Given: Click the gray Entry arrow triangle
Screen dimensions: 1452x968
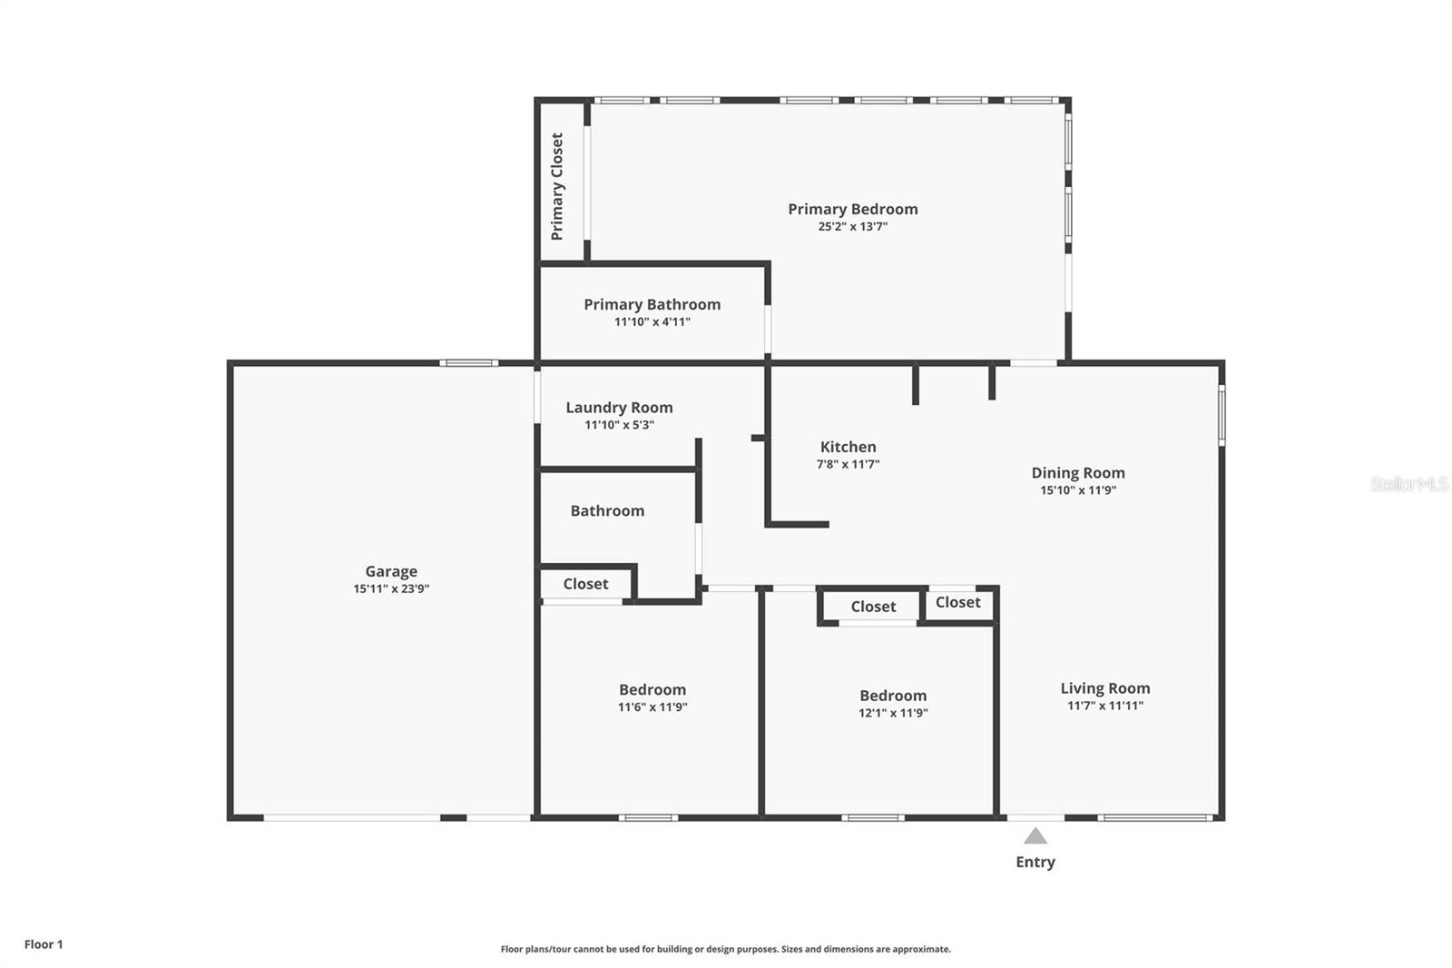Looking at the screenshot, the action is pyautogui.click(x=1035, y=835).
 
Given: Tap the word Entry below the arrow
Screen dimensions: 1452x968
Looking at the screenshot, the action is pyautogui.click(x=1035, y=863).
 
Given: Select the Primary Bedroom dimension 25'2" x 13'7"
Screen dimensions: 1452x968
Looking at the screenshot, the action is pyautogui.click(x=852, y=226).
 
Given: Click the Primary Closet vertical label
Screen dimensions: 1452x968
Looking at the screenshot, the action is pyautogui.click(x=557, y=186).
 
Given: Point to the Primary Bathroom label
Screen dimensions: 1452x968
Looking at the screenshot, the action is pyautogui.click(x=652, y=304).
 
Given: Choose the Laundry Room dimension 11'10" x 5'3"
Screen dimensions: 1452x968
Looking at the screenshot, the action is pyautogui.click(x=619, y=425).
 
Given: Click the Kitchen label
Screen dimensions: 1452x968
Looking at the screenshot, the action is pyautogui.click(x=848, y=447).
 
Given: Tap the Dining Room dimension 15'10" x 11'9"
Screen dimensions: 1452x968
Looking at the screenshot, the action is pyautogui.click(x=1078, y=490).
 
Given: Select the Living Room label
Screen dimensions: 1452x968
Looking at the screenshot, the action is pyautogui.click(x=1105, y=688).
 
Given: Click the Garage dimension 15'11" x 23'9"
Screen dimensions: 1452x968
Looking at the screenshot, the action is pyautogui.click(x=391, y=589).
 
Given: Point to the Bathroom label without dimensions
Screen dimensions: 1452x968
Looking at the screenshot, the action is pyautogui.click(x=607, y=511).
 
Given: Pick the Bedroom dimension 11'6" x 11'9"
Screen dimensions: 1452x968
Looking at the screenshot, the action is pyautogui.click(x=652, y=707).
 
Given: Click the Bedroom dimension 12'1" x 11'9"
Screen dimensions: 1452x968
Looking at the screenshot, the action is pyautogui.click(x=893, y=713).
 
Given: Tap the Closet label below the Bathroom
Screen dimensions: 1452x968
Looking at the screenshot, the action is pyautogui.click(x=585, y=584).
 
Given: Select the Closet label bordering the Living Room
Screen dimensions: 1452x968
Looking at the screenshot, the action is pyautogui.click(x=957, y=603).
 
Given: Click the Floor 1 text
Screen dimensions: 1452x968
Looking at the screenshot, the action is pyautogui.click(x=44, y=944).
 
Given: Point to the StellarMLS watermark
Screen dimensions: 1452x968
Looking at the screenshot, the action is pyautogui.click(x=1409, y=483).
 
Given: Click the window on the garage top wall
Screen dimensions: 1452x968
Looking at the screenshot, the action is pyautogui.click(x=468, y=362).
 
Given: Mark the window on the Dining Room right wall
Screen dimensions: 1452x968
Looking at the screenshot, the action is pyautogui.click(x=1221, y=415).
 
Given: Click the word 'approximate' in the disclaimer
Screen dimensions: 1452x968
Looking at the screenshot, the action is pyautogui.click(x=921, y=949).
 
